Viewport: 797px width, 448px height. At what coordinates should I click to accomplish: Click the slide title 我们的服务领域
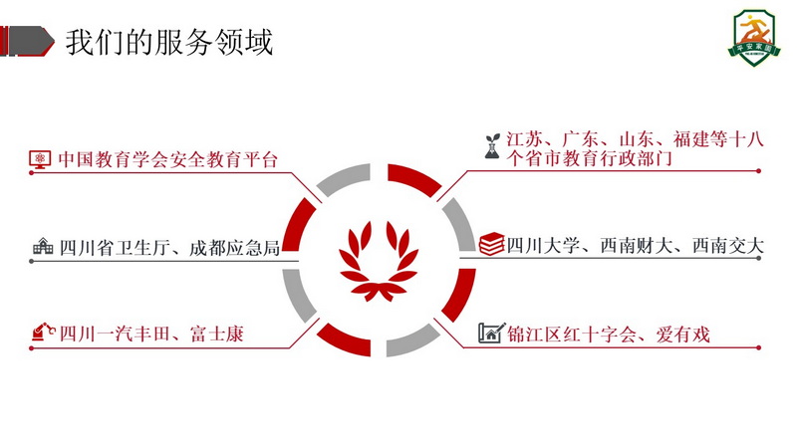168,43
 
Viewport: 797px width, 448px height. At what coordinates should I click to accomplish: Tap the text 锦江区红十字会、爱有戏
608,334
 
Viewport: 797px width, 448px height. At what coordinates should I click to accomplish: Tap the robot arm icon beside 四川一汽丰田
42,333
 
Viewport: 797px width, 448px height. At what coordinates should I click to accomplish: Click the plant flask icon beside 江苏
492,147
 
